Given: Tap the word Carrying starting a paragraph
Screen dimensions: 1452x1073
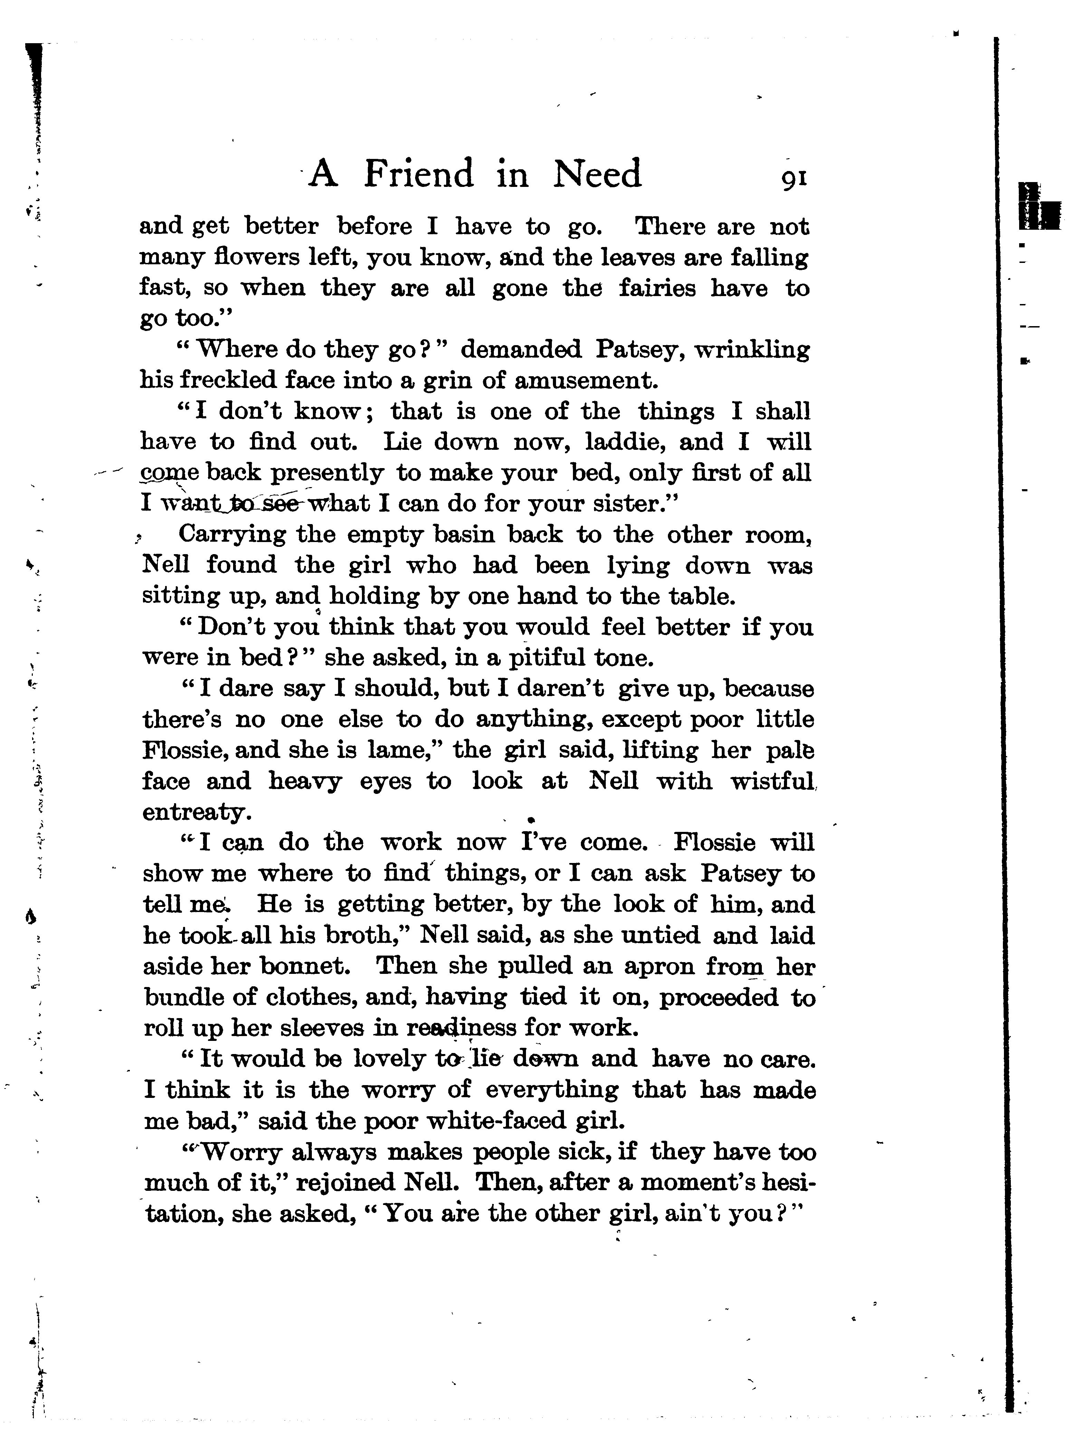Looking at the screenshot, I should click(x=231, y=535).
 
